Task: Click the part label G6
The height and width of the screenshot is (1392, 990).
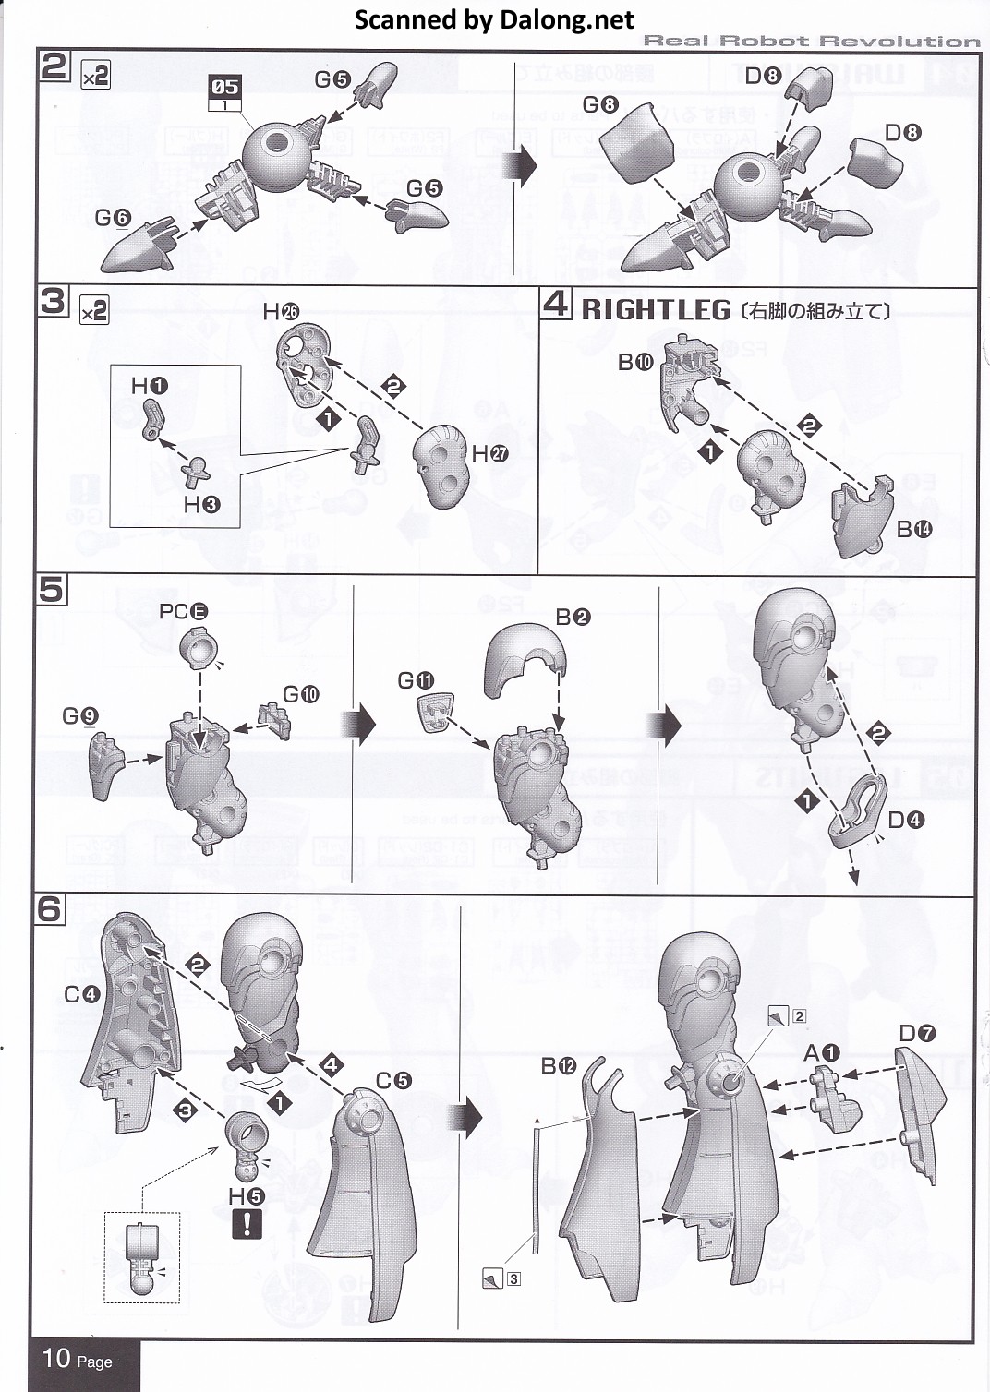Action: pyautogui.click(x=113, y=218)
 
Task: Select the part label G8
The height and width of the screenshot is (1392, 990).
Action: pyautogui.click(x=600, y=104)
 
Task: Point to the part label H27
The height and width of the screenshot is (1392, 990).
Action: pyautogui.click(x=490, y=453)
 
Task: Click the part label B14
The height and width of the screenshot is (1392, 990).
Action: pyautogui.click(x=914, y=529)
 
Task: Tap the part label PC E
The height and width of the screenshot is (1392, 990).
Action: pyautogui.click(x=184, y=611)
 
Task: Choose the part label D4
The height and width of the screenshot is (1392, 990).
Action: pyautogui.click(x=906, y=820)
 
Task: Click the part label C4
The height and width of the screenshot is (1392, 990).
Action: pyautogui.click(x=81, y=994)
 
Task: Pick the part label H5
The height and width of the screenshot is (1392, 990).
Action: pyautogui.click(x=247, y=1196)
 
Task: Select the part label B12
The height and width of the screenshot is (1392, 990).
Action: pyautogui.click(x=559, y=1066)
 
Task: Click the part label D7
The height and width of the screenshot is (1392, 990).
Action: pyautogui.click(x=917, y=1034)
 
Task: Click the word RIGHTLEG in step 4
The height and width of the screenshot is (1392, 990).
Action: pyautogui.click(x=656, y=310)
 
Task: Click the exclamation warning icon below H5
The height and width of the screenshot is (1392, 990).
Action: pyautogui.click(x=247, y=1224)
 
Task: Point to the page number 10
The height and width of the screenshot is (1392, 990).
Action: pyautogui.click(x=56, y=1358)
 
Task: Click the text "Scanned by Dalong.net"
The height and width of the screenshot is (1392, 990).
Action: pyautogui.click(x=494, y=19)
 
